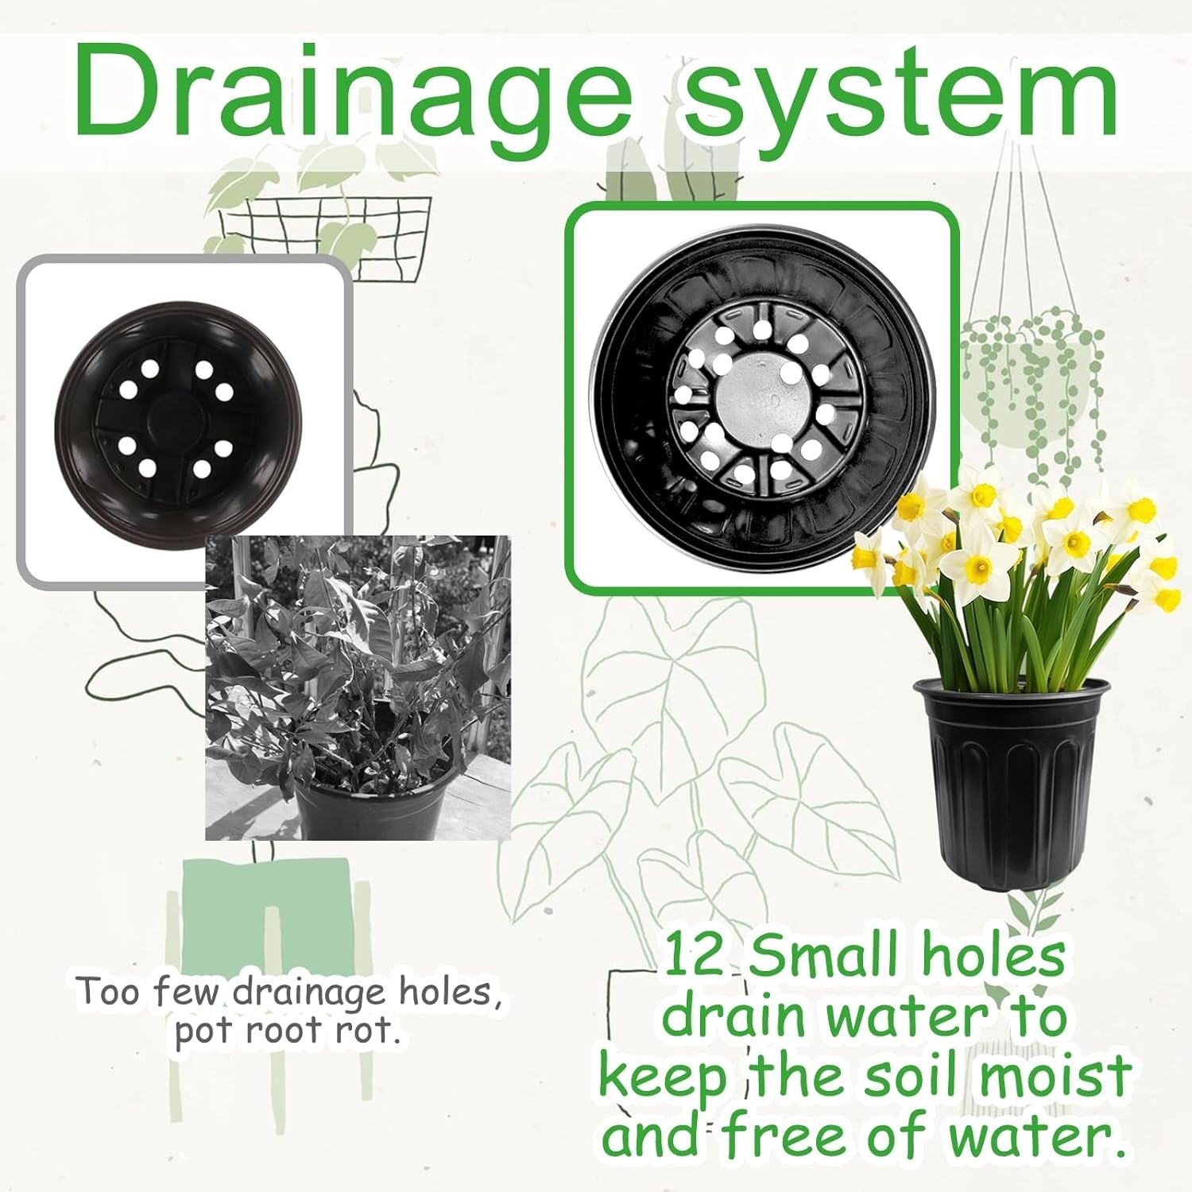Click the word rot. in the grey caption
pos(365,1031)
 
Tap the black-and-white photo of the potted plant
pos(358,687)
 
